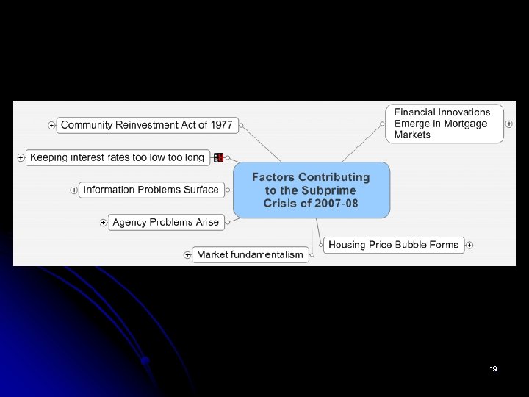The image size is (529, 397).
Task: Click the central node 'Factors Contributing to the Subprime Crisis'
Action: pos(311,190)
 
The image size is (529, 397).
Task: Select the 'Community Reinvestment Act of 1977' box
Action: pos(146,125)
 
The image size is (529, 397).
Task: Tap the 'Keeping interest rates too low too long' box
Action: pos(118,157)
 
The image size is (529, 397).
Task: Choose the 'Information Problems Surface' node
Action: pos(151,190)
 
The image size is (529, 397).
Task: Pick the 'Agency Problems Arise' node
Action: pos(165,222)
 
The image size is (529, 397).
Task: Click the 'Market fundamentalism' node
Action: pos(250,254)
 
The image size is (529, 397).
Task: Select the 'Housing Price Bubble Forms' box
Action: pos(393,245)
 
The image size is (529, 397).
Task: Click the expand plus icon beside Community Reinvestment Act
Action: pos(51,126)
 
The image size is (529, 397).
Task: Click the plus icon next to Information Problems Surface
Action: pos(73,190)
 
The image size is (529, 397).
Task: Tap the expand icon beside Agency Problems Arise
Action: pos(104,222)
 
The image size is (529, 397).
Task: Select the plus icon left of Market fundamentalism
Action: pos(188,255)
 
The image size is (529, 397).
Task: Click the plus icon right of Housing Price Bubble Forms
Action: pos(469,245)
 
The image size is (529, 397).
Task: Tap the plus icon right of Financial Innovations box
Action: pos(509,124)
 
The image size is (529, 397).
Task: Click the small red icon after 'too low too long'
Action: pos(218,157)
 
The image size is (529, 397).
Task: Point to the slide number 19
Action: pos(493,368)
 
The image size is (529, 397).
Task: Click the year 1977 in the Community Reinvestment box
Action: pos(221,125)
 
